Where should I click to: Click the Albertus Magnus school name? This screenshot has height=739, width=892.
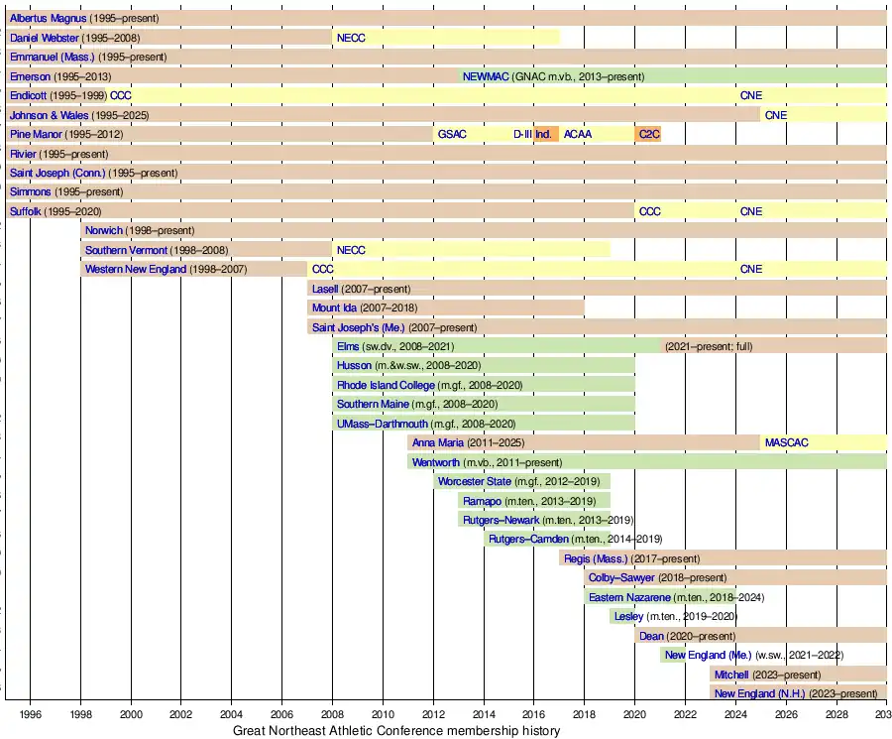point(48,19)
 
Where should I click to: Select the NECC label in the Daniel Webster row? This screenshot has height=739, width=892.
point(351,38)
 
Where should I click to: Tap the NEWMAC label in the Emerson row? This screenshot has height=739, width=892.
point(485,76)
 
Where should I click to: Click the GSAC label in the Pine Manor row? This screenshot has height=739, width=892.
point(452,134)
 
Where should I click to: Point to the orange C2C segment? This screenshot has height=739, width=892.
point(649,134)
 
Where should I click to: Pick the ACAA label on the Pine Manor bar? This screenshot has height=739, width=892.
point(578,134)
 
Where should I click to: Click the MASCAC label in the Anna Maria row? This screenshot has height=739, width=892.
point(787,442)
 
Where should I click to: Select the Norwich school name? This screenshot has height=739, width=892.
point(104,230)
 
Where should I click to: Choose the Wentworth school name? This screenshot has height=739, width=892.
point(436,462)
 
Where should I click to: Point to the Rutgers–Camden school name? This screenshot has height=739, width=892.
point(529,540)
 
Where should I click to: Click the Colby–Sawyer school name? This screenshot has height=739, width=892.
point(621,577)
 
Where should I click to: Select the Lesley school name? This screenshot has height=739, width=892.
point(628,616)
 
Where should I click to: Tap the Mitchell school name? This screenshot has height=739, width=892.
point(731,675)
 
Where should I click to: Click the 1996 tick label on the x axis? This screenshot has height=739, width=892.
point(30,713)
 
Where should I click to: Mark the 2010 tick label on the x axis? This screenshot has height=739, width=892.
point(383,713)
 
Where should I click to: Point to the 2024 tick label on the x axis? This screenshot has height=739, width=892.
point(735,713)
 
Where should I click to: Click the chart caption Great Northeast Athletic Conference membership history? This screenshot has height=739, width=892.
point(396,731)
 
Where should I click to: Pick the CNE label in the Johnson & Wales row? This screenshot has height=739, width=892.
point(776,115)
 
